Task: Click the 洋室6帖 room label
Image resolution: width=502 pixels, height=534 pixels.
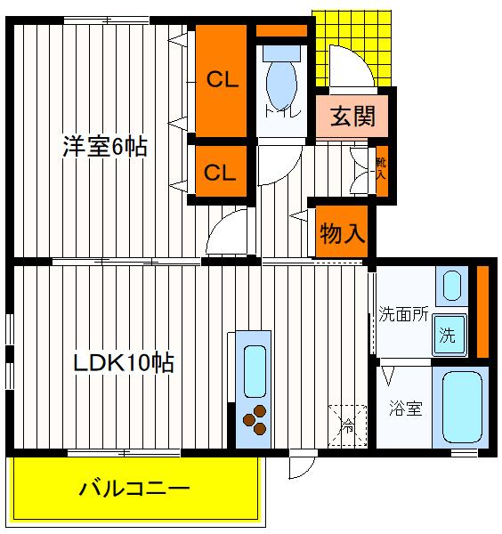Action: [104, 146]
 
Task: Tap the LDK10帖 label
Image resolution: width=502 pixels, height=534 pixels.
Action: [123, 362]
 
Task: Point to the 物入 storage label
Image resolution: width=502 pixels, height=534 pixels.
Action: [342, 234]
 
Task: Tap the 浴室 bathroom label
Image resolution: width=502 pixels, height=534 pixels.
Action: [406, 409]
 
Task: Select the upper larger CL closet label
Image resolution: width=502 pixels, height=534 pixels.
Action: [222, 80]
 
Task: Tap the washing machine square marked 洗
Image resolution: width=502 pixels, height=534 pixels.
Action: [448, 336]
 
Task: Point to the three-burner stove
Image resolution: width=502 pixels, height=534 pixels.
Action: [254, 420]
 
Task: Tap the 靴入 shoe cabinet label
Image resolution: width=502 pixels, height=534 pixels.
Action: [380, 168]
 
